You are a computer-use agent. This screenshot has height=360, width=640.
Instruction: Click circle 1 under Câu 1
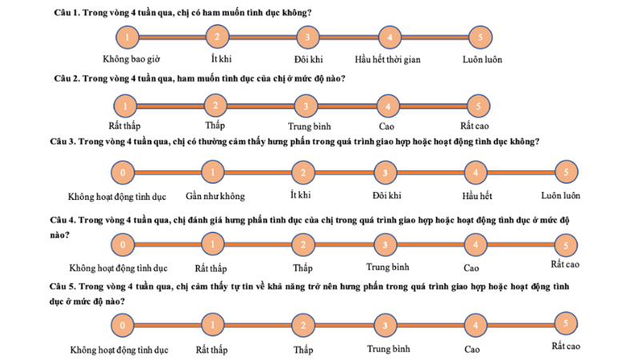tap(127, 37)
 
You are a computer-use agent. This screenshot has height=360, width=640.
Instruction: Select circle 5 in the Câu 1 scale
tap(481, 37)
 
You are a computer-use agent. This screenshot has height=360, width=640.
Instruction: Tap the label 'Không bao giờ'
tap(131, 59)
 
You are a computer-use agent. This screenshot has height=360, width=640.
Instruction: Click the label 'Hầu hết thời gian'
tap(387, 59)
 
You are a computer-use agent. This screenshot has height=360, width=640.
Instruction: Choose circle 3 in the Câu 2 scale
tap(306, 106)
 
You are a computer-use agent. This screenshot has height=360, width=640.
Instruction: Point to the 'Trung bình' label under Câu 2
tap(310, 126)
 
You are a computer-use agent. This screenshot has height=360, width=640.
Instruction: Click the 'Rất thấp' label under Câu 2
tap(125, 126)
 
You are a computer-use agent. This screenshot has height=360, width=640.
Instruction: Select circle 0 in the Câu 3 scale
tap(123, 173)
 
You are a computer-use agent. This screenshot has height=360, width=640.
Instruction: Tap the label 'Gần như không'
tap(215, 196)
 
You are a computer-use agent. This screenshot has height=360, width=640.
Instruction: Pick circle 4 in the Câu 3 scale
tap(475, 173)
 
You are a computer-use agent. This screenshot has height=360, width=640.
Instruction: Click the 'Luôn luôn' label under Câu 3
tap(561, 196)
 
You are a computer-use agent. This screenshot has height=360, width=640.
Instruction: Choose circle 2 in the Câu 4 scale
tap(303, 245)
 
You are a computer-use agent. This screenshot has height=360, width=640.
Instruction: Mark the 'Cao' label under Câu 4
tap(471, 268)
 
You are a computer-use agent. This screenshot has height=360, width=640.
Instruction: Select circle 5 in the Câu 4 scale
tap(566, 246)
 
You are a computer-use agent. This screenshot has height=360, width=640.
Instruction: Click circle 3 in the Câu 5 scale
tap(385, 326)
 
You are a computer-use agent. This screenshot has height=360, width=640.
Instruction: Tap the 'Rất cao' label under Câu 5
tap(566, 346)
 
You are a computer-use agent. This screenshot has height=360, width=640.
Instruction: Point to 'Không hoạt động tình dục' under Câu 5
tap(119, 350)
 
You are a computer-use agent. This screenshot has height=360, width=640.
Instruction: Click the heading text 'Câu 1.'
tap(67, 13)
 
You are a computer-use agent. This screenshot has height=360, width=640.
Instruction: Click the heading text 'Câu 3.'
tap(63, 142)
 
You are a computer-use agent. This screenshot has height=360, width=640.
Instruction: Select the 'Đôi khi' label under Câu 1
tap(309, 59)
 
